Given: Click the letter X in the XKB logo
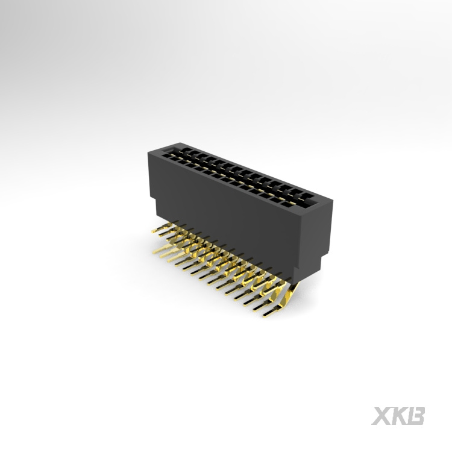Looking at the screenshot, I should click(383, 415).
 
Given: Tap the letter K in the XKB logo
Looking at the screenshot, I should click(400, 415).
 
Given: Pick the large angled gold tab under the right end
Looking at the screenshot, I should click(287, 296).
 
